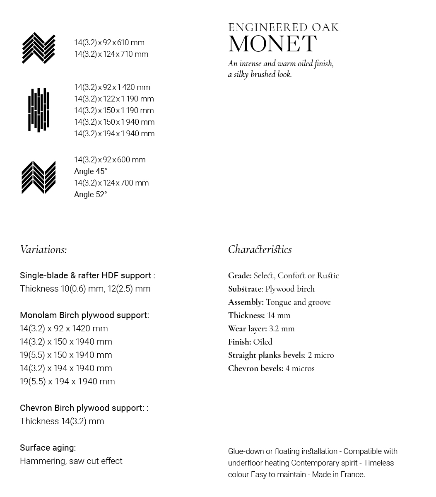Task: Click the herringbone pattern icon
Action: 39,48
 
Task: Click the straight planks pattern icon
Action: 39,110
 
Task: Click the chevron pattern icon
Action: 39,177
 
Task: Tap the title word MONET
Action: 272,44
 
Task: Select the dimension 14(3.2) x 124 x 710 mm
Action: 111,54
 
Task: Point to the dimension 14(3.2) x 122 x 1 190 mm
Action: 114,99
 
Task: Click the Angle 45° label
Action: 90,171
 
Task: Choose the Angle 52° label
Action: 90,195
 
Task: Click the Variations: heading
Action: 43,249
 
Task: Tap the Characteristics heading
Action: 260,249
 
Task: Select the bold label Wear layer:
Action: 247,329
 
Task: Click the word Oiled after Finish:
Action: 263,342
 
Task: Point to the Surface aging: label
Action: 48,448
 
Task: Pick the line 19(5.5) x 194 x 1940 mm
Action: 67,381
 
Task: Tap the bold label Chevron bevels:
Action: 255,369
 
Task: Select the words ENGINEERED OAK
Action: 283,28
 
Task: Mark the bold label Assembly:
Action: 246,302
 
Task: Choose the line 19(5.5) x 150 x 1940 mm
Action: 66,355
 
